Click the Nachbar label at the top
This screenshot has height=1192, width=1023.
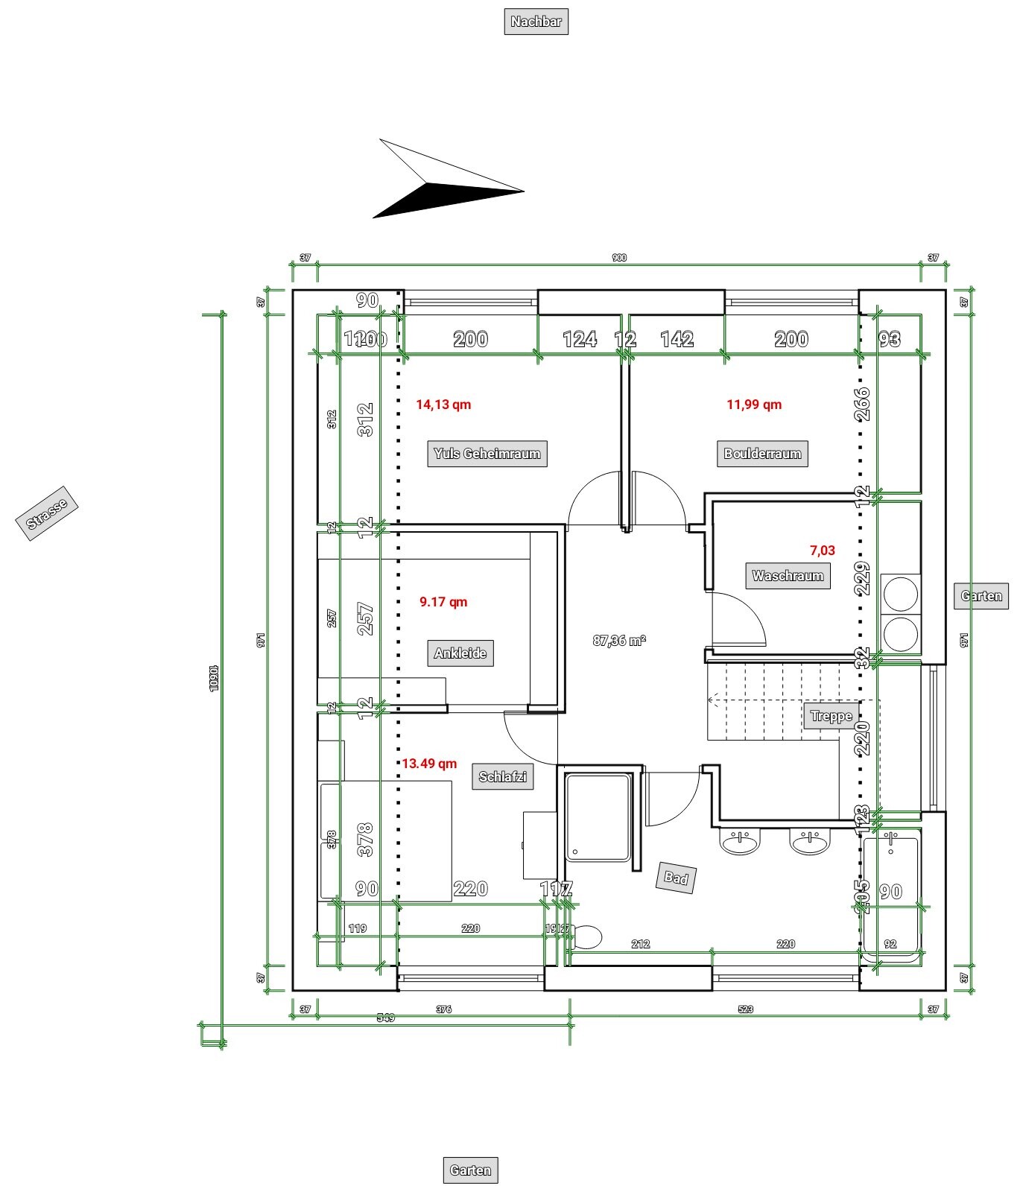pos(536,22)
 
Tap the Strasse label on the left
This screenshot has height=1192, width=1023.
pos(47,513)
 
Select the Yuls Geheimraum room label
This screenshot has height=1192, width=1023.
pos(487,454)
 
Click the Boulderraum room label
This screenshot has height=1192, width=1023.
pos(762,454)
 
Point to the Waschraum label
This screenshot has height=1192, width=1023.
pos(788,576)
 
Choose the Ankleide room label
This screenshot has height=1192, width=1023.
pos(460,653)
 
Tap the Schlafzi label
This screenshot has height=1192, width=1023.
pos(503,777)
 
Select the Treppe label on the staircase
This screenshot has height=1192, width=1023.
pos(831,717)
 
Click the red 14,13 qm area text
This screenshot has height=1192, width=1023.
pos(443,405)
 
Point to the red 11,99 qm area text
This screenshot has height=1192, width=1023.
pos(754,405)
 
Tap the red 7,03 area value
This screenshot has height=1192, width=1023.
pos(822,551)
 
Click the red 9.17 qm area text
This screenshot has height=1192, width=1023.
pos(443,602)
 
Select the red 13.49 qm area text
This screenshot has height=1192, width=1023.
pos(429,764)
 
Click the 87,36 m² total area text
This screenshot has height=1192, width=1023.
pos(619,641)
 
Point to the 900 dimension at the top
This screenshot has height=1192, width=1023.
pos(619,258)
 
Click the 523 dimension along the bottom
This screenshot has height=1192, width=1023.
pos(745,1009)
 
